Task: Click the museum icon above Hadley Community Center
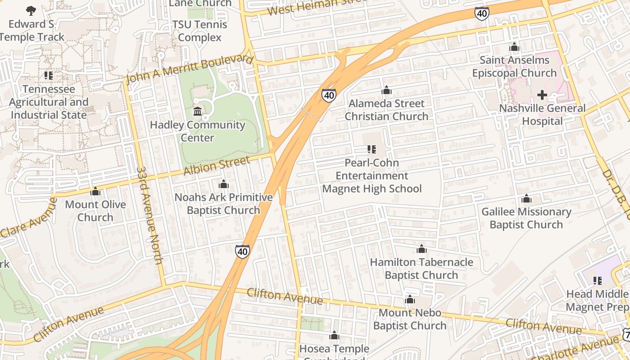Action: (197, 111)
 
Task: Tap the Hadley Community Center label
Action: (198, 131)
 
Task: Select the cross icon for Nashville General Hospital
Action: (542, 95)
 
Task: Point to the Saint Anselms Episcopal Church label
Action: (514, 66)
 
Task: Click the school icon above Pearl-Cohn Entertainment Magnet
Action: (372, 149)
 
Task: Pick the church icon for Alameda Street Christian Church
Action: (386, 90)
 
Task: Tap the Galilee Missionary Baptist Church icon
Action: (526, 198)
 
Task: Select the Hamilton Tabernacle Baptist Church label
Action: (422, 268)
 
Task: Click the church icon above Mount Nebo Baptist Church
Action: (409, 299)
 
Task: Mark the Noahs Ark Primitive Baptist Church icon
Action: (223, 184)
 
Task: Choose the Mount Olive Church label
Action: (95, 211)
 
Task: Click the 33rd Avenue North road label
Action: (150, 216)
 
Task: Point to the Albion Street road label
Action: (216, 166)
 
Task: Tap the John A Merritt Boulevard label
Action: (189, 69)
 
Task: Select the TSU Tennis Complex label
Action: (199, 31)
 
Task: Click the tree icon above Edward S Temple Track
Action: (31, 10)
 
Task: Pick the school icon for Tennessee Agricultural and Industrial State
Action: (49, 76)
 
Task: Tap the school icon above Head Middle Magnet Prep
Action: (598, 281)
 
